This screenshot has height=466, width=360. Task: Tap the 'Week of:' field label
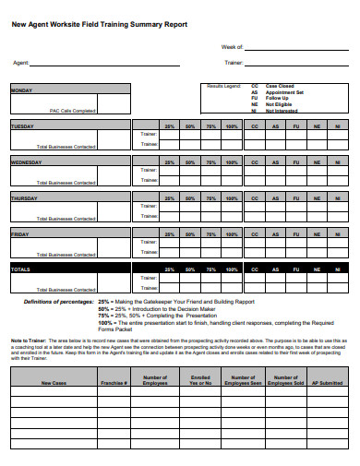(x=233, y=46)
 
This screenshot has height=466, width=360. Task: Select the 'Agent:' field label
(x=19, y=64)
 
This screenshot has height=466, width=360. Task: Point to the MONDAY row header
(x=22, y=90)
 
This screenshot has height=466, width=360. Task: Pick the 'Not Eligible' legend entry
(x=280, y=104)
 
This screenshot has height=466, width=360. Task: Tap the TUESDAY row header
(x=23, y=125)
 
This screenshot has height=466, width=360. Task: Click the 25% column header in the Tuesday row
(x=169, y=125)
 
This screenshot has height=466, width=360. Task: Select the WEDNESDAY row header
(x=26, y=161)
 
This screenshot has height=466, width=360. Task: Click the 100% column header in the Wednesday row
(x=232, y=161)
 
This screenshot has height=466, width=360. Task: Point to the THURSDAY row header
(x=24, y=197)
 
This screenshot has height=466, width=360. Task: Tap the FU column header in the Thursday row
(x=295, y=197)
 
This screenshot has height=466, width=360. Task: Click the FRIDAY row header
(x=20, y=233)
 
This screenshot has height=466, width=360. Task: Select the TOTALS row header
(x=20, y=269)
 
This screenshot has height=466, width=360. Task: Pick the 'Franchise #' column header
(x=113, y=380)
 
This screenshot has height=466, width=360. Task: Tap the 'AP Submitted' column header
(x=330, y=380)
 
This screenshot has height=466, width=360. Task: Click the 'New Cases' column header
(x=52, y=380)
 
